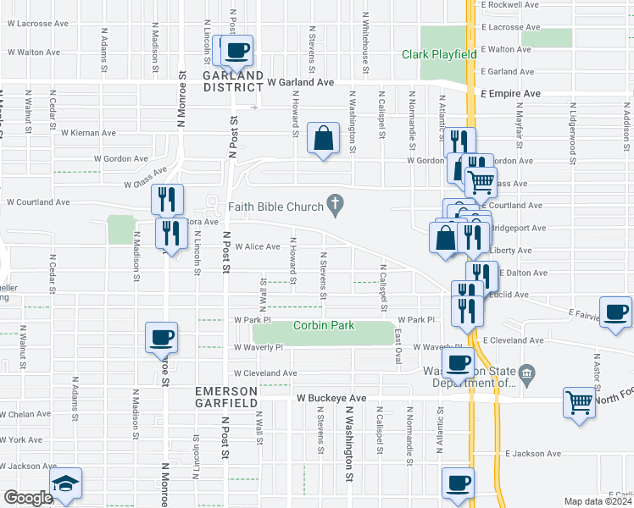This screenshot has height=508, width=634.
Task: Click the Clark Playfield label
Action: [x=438, y=54]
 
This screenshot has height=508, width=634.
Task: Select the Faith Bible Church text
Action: [x=275, y=207]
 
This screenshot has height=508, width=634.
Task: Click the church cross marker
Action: [x=336, y=205]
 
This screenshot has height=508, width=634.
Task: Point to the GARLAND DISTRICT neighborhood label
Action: [x=232, y=80]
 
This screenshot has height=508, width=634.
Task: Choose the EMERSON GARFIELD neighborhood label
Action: [x=225, y=396]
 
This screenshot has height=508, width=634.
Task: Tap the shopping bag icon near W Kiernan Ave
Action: [x=324, y=139]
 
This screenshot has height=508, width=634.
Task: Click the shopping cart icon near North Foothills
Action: [x=581, y=402]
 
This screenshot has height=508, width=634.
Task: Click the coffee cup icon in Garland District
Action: [x=238, y=48]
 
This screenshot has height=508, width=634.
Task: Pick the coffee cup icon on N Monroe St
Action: [x=161, y=338]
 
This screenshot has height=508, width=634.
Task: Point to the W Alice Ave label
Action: [x=251, y=247]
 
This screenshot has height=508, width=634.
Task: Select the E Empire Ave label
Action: [x=509, y=93]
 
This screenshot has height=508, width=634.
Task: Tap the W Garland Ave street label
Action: [x=300, y=83]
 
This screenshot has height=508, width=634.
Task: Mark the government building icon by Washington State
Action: [x=526, y=373]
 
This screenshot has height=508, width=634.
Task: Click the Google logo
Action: [x=28, y=498]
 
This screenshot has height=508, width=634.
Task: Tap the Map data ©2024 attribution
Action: [x=598, y=501]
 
